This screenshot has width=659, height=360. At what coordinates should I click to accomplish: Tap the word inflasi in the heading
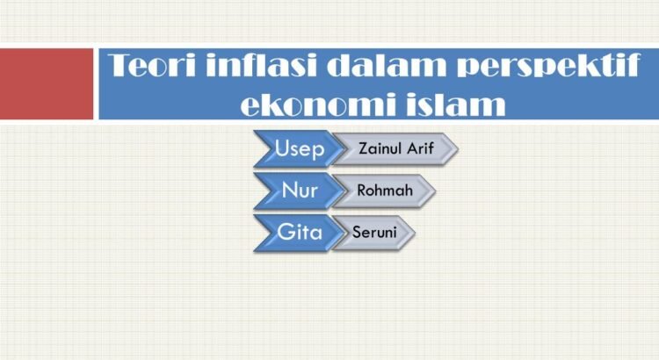point(261,65)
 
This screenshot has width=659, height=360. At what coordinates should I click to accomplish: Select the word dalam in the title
point(387,65)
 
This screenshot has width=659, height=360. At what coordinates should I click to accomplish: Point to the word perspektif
point(548,68)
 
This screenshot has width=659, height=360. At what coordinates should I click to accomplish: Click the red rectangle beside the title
point(47,83)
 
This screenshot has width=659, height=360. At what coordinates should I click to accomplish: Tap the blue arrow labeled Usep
point(300,148)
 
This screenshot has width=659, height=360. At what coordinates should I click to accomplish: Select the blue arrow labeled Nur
point(300,191)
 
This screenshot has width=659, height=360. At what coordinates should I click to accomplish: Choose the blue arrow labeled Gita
point(300,233)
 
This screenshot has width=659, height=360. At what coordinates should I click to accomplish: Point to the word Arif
point(420,148)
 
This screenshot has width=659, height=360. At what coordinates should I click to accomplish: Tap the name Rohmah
point(385,191)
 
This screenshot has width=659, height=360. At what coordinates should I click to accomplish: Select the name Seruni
point(374,232)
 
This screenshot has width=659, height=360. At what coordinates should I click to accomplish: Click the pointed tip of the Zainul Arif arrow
point(458,148)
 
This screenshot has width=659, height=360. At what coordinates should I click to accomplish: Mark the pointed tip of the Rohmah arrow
point(436,191)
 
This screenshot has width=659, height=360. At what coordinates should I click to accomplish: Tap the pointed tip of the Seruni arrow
point(415,233)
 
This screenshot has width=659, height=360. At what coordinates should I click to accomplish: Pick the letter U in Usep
point(281,148)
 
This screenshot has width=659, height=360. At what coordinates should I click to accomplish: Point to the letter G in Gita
point(285,232)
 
